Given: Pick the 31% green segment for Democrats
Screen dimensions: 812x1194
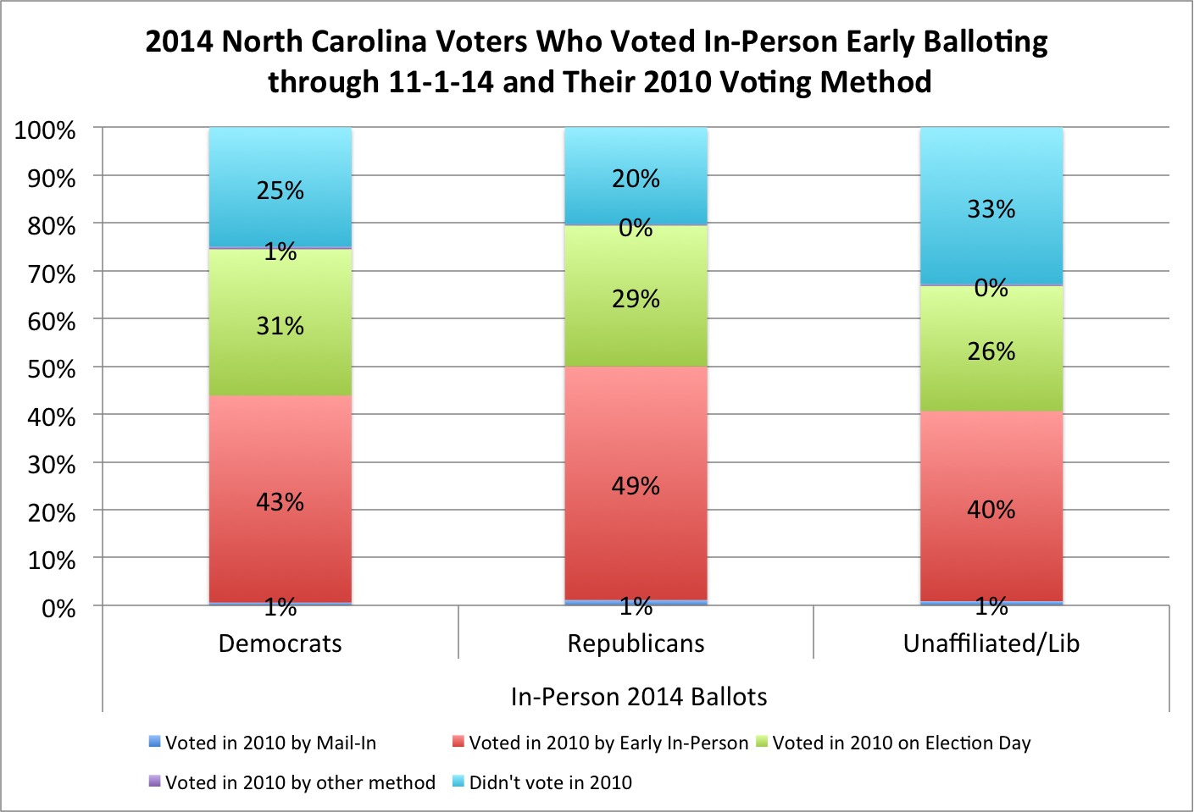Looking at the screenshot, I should click(280, 356).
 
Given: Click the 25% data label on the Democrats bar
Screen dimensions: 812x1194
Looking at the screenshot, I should click(280, 191).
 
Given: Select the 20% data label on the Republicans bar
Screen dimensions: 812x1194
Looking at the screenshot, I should click(636, 179).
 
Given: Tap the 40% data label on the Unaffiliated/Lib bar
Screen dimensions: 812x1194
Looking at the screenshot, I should click(991, 510).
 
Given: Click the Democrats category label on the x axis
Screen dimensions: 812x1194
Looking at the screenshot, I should click(280, 644).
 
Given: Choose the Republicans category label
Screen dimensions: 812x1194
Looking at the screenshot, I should click(636, 644).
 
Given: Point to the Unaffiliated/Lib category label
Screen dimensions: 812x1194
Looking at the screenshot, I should click(991, 644).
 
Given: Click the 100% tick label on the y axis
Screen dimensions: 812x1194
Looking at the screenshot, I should click(46, 130).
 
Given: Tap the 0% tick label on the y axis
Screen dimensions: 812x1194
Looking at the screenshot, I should click(58, 608).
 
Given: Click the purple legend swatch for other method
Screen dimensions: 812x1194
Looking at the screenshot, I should click(154, 782).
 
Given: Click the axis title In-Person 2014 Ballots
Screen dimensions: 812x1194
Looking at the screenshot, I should click(639, 697).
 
